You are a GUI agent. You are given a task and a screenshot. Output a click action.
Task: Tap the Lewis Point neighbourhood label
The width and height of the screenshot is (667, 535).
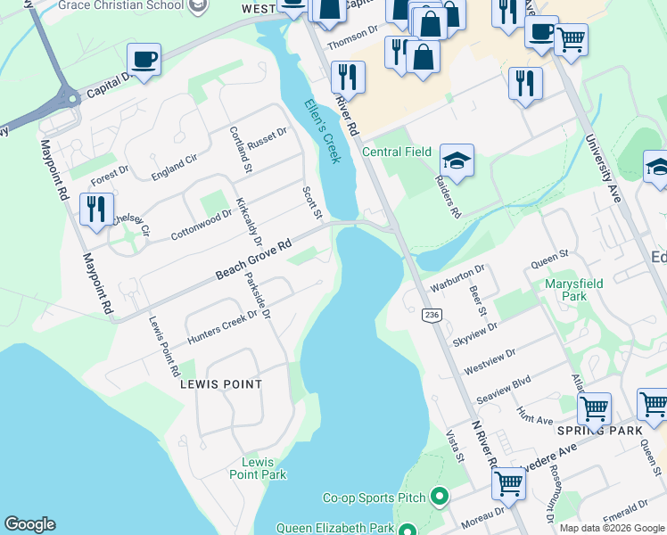pyautogui.click(x=221, y=384)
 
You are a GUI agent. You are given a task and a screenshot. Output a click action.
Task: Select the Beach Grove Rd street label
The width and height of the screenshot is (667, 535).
pyautogui.click(x=254, y=259)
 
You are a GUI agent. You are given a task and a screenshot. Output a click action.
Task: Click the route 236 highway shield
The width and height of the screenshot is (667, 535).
pyautogui.click(x=432, y=316)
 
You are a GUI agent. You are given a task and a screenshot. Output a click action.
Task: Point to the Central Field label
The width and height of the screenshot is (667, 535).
pyautogui.click(x=397, y=152)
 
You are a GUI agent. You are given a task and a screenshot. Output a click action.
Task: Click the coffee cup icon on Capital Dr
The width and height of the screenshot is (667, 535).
pyautogui.click(x=144, y=60)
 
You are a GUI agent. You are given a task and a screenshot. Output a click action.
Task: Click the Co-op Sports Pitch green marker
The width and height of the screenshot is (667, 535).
pyautogui.click(x=439, y=496)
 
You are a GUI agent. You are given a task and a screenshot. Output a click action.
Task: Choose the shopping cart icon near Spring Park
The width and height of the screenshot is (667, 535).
pyautogui.click(x=594, y=408)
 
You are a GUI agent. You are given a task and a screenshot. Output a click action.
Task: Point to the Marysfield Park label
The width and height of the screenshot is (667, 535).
pyautogui.click(x=574, y=290)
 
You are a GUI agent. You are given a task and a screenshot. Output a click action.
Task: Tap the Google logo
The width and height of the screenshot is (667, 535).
pyautogui.click(x=29, y=524)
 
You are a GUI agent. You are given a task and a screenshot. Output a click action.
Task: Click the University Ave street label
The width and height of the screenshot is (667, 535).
pyautogui.click(x=603, y=169)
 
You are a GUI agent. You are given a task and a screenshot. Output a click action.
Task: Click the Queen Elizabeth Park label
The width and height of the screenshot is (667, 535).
pyautogui.click(x=335, y=528)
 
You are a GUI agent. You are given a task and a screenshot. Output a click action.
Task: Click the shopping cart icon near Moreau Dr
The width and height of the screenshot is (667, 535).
pyautogui.click(x=508, y=482)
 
